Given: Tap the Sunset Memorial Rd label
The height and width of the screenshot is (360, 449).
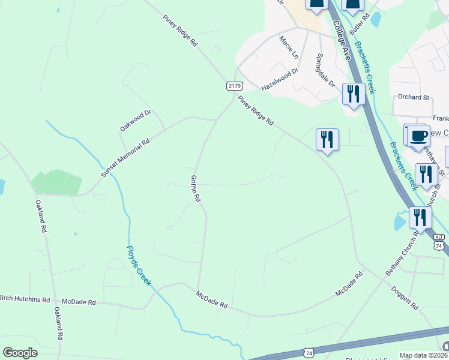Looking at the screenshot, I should (x=125, y=158).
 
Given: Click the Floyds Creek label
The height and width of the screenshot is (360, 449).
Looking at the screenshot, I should (x=138, y=265).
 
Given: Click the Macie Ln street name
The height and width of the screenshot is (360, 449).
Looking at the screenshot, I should (x=289, y=46).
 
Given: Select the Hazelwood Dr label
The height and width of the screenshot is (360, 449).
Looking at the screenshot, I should (x=280, y=79).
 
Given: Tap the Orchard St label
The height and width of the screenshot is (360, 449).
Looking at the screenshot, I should (x=414, y=97).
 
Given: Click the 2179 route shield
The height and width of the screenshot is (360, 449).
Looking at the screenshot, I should (x=235, y=86).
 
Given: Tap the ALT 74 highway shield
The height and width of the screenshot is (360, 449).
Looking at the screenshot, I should (x=439, y=242).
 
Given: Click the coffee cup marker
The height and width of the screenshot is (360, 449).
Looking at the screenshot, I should (x=418, y=136).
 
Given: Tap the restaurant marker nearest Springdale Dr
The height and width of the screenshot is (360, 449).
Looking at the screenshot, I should (x=353, y=95).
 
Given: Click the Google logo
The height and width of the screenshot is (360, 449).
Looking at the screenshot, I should (x=20, y=353).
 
